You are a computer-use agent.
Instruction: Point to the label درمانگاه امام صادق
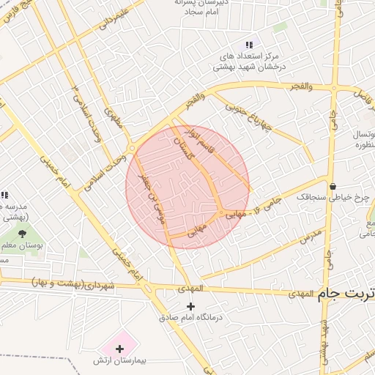coord(192,319)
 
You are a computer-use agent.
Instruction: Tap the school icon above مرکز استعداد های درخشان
coord(250,45)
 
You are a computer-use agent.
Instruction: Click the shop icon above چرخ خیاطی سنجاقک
coord(333,185)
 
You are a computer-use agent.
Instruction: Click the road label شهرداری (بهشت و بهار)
coord(73,282)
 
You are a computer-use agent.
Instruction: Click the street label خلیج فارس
coord(18,16)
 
